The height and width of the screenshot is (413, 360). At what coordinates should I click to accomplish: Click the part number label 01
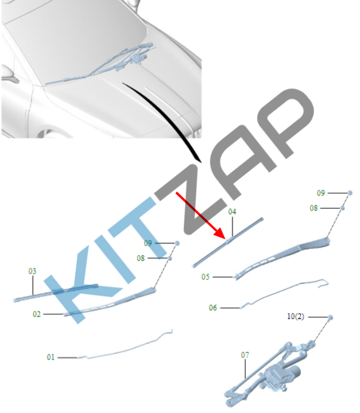[x=51, y=357]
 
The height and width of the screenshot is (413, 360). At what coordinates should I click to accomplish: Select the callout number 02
[x=37, y=314]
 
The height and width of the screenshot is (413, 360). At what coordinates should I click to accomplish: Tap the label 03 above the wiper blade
[x=32, y=271]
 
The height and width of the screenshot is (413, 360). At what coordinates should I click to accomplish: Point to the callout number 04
[x=232, y=212]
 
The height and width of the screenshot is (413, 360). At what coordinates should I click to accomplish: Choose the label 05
[x=206, y=277]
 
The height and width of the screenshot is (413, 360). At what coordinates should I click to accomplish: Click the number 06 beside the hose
[x=213, y=307]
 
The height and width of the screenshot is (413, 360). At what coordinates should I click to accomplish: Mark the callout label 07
[x=245, y=355]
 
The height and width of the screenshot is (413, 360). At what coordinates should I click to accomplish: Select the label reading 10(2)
[x=295, y=316]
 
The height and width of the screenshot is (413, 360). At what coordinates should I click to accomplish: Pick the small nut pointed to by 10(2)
[x=330, y=317]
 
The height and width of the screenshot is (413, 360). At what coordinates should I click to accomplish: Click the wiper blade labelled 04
[x=228, y=242]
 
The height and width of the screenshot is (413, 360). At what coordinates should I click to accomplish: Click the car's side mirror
[x=9, y=74]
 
